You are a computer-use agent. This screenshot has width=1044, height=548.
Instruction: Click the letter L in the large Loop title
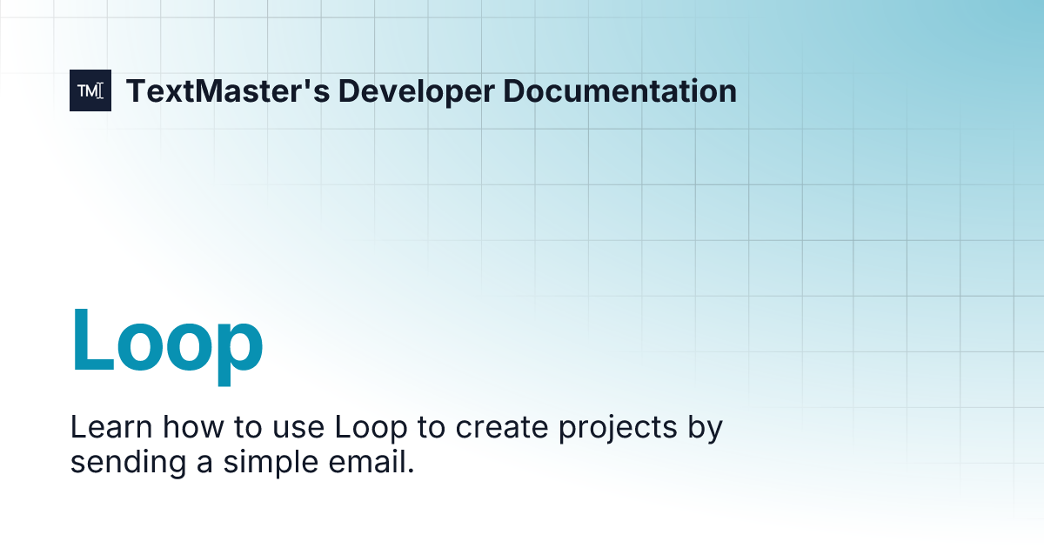point(91,341)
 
